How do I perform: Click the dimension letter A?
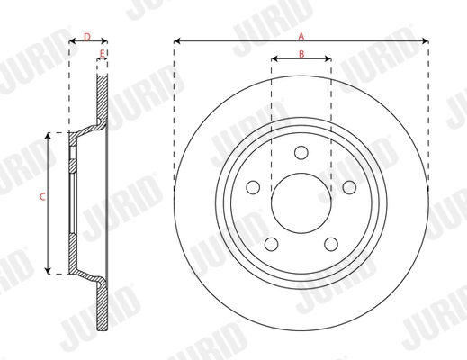(301, 34)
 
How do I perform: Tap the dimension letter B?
(301, 55)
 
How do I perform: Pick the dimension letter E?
(103, 55)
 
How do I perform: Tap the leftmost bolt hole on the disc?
(254, 186)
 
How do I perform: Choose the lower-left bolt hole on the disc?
(272, 241)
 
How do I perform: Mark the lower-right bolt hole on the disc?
(331, 241)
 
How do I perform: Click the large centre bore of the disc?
(301, 200)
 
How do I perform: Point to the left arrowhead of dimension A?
(175, 40)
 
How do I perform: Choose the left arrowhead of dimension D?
(70, 40)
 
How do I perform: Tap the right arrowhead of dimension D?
(107, 40)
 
